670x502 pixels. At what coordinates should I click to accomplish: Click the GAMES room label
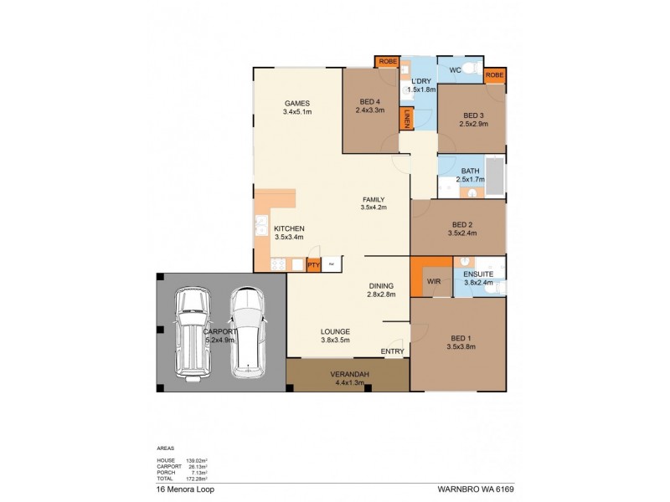coord(296,102)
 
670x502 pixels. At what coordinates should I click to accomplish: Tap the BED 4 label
coord(369,102)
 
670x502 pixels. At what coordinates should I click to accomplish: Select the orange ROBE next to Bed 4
coord(387,62)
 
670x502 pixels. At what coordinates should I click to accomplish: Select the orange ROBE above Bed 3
coord(495,75)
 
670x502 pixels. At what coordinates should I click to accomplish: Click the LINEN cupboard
coord(407,119)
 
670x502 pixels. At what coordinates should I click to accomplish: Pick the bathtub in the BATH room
coord(494,177)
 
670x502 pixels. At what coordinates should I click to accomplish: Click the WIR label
coord(434,281)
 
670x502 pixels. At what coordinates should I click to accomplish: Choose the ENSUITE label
coord(480,274)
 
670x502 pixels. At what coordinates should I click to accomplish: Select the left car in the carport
coord(192,331)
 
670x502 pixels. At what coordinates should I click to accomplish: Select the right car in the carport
coord(247,331)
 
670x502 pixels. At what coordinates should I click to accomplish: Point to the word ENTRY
coord(392,351)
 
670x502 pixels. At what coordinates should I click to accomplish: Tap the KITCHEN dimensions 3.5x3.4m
coord(288,237)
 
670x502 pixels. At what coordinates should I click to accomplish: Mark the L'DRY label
coord(420,80)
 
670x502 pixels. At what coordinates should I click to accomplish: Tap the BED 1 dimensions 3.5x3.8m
coord(461,346)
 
